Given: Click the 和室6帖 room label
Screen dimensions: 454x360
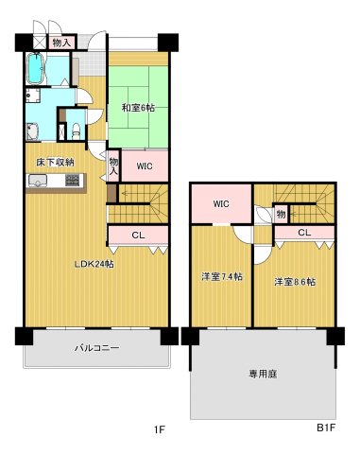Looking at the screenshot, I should point(137,108).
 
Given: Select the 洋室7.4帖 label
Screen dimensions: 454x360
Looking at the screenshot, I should point(219,277).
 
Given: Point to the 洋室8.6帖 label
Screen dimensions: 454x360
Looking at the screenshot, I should point(295,282).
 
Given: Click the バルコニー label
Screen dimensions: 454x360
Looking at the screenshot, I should point(96,348).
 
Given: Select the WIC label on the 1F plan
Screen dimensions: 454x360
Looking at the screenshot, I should point(145,166).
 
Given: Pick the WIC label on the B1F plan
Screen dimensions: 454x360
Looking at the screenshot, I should point(220,203).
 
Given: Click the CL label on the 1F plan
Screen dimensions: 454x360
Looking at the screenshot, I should point(137,236).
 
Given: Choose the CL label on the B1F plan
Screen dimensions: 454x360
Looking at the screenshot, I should point(304,233).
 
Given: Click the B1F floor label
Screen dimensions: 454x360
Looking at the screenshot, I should point(326,428).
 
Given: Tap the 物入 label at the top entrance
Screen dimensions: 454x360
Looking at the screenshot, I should point(60,43).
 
